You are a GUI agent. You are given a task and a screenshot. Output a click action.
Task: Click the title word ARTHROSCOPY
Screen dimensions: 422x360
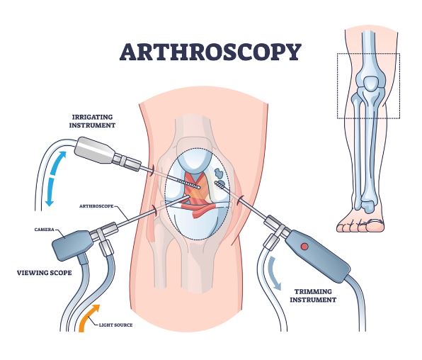click(210, 52)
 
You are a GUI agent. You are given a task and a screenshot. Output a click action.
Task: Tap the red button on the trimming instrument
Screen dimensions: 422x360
click(304, 247)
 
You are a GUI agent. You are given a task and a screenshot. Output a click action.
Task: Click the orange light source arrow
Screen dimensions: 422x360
click(88, 317)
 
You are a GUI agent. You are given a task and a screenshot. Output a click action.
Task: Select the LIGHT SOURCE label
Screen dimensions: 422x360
click(115, 325)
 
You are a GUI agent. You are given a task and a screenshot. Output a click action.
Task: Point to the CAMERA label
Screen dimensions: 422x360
click(44, 230)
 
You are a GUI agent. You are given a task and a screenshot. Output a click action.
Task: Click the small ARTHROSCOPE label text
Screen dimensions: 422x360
click(96, 206)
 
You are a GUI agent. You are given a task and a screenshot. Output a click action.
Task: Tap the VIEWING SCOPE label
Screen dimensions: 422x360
click(45, 273)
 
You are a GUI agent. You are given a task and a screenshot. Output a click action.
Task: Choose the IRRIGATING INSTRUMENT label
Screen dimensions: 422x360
click(92, 121)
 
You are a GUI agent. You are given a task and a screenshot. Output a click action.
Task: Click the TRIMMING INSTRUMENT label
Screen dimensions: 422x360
click(313, 296)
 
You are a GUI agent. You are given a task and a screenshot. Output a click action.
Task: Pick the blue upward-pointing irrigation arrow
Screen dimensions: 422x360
click(58, 163)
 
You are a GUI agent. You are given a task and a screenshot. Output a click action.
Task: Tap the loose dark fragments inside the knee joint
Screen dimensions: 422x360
click(219, 173)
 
